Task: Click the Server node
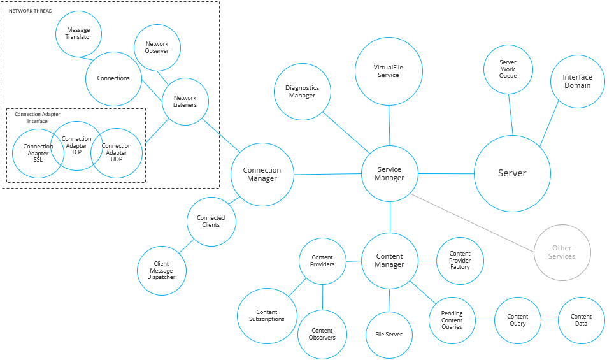tap(512, 173)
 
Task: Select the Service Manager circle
tap(389, 174)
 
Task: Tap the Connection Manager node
tap(262, 175)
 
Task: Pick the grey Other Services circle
tap(562, 252)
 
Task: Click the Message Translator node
tap(78, 33)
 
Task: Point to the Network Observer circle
tap(157, 48)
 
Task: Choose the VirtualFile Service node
tap(388, 71)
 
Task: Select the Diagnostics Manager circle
tap(303, 92)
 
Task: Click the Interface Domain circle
tap(577, 81)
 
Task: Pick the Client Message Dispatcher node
tap(161, 270)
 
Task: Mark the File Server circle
tap(389, 335)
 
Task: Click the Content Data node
tap(581, 320)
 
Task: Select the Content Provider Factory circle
tap(460, 261)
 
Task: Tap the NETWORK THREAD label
tap(31, 11)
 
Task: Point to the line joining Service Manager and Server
tap(446, 173)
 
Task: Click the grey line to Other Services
tap(475, 223)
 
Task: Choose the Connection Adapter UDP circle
tap(118, 154)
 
